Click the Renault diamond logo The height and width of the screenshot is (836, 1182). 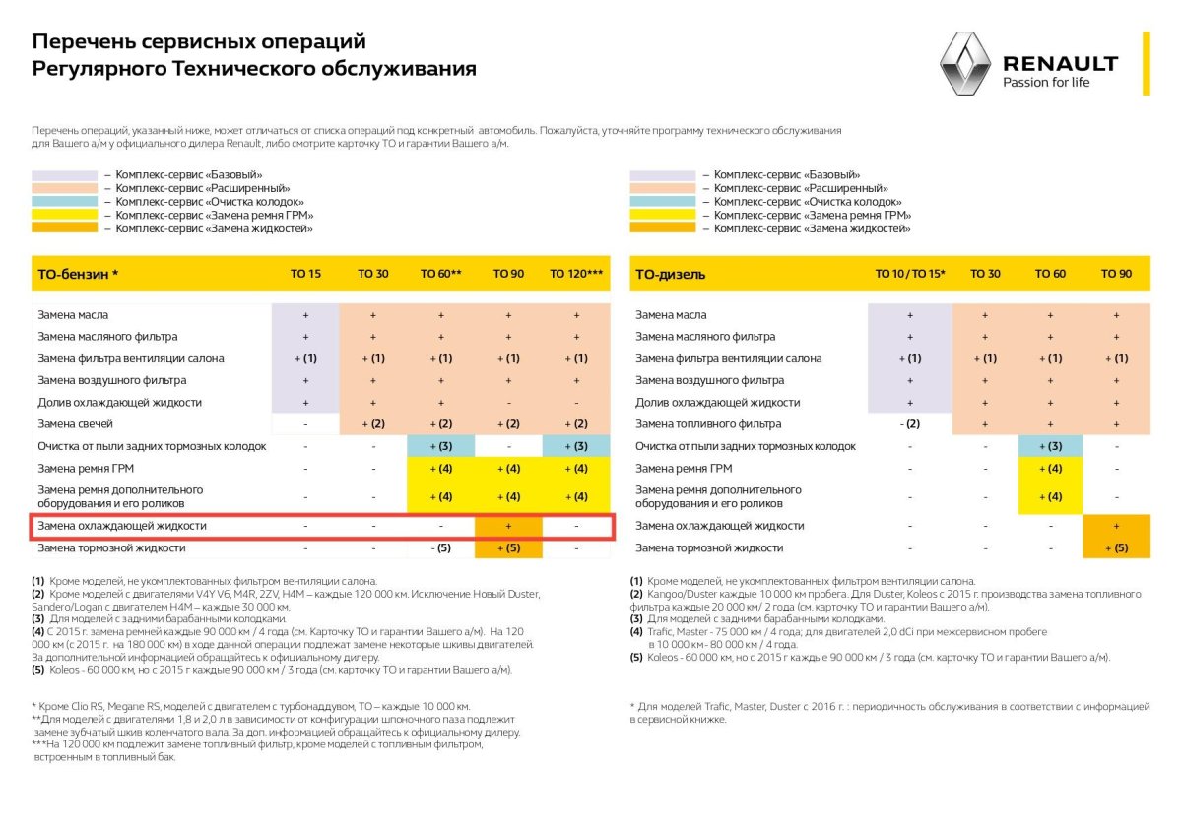pyautogui.click(x=963, y=64)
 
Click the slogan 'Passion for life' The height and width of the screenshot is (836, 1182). pyautogui.click(x=1046, y=83)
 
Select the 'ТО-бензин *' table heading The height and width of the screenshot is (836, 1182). pyautogui.click(x=79, y=274)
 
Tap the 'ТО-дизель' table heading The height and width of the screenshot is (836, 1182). pyautogui.click(x=671, y=274)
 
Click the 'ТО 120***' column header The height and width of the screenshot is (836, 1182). pyautogui.click(x=576, y=274)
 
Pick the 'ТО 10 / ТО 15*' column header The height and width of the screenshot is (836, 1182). pyautogui.click(x=909, y=274)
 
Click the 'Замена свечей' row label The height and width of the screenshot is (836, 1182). pyautogui.click(x=76, y=423)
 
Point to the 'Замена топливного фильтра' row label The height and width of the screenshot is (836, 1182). pyautogui.click(x=708, y=423)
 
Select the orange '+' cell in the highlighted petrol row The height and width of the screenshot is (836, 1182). pyautogui.click(x=508, y=526)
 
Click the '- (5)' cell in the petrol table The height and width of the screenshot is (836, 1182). pyautogui.click(x=440, y=547)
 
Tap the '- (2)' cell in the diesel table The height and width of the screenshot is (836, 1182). pyautogui.click(x=909, y=423)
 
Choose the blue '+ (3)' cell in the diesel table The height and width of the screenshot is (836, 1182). pyautogui.click(x=1049, y=446)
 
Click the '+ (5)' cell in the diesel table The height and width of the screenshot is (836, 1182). pyautogui.click(x=1116, y=547)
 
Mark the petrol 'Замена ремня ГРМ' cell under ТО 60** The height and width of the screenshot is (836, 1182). pyautogui.click(x=440, y=468)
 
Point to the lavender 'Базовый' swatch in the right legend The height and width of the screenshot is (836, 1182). pyautogui.click(x=662, y=174)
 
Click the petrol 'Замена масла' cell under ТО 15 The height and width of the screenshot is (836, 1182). pyautogui.click(x=305, y=315)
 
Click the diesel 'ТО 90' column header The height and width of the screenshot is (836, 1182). pyautogui.click(x=1116, y=274)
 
